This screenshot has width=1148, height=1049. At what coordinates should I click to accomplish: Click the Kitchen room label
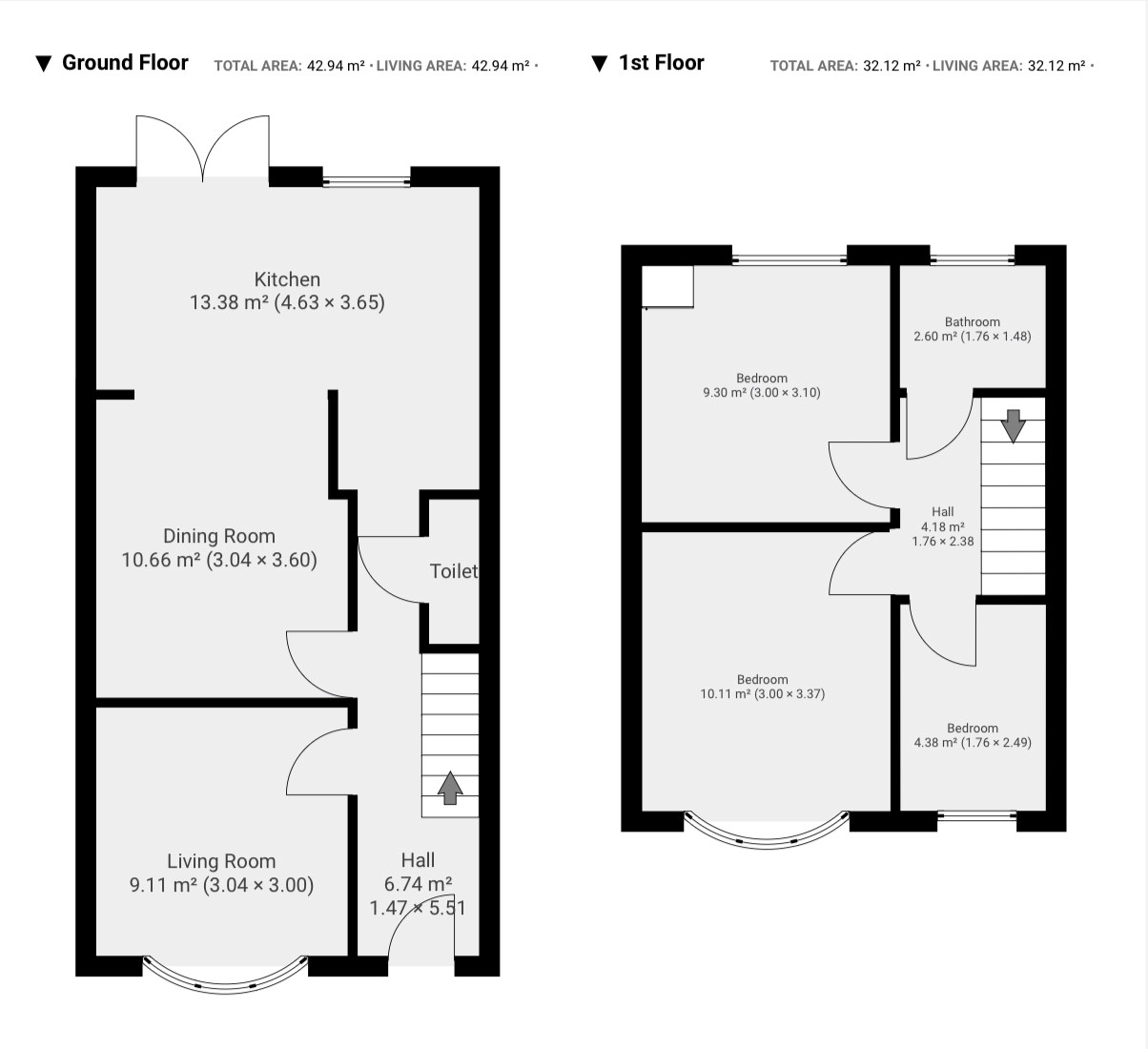click(x=287, y=279)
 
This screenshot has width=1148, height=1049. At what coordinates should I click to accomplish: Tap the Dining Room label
click(x=219, y=536)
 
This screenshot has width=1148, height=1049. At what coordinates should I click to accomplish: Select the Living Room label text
click(x=221, y=861)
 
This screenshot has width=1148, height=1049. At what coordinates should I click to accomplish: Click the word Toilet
click(x=454, y=571)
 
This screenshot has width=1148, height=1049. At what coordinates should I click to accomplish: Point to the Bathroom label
click(x=973, y=321)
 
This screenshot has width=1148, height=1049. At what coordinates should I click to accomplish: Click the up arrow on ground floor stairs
click(x=450, y=788)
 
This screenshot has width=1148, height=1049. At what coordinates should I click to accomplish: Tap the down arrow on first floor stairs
click(x=1013, y=426)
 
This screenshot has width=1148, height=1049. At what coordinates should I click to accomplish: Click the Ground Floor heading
click(x=125, y=62)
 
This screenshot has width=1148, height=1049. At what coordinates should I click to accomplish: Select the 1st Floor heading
click(x=661, y=62)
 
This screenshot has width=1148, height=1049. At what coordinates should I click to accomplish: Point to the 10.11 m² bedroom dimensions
click(x=789, y=694)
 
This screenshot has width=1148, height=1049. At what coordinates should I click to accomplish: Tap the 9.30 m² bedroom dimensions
click(x=786, y=392)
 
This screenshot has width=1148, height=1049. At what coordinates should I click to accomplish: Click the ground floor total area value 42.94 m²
click(x=336, y=66)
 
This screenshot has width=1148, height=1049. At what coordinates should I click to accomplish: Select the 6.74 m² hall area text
click(x=418, y=884)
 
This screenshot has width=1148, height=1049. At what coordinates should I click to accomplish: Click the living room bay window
click(x=225, y=984)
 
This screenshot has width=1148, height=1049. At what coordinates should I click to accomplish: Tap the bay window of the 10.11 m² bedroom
click(x=767, y=839)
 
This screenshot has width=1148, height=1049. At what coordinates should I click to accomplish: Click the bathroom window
click(x=973, y=259)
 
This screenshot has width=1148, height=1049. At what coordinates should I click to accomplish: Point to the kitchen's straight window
click(x=366, y=181)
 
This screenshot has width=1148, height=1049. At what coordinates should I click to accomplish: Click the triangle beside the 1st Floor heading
click(x=599, y=63)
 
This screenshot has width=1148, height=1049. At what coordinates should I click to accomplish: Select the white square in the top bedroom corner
click(x=667, y=286)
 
